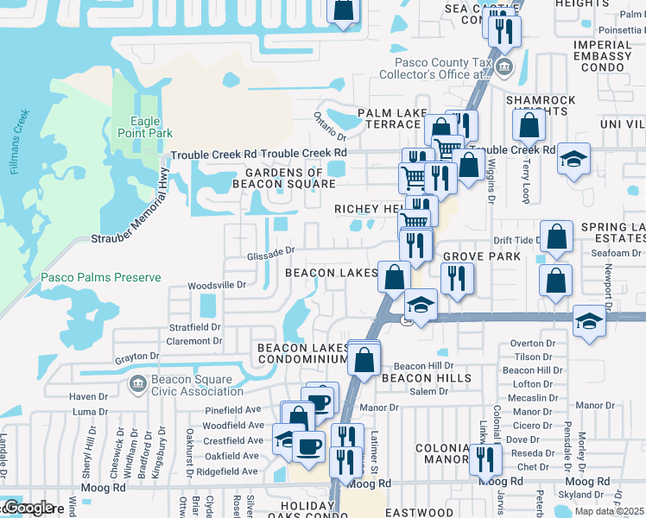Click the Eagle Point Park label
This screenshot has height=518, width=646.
[x=145, y=127]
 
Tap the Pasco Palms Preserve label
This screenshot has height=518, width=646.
[x=100, y=277]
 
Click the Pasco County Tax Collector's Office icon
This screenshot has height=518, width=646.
[x=505, y=66]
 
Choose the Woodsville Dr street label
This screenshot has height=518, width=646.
[x=218, y=284]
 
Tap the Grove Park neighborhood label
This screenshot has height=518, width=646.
[x=482, y=257]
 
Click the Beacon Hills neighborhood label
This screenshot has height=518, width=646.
[x=427, y=378]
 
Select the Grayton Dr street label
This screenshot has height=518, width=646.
[x=139, y=356]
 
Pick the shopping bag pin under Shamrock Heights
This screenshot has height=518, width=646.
[x=528, y=126]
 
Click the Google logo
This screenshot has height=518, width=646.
[x=28, y=509]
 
